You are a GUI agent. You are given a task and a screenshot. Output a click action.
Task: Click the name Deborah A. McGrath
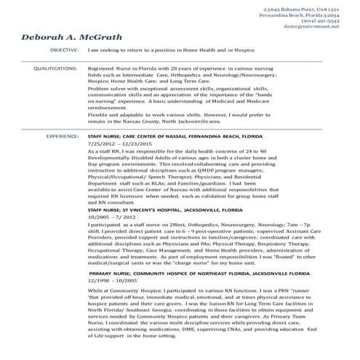71,37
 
